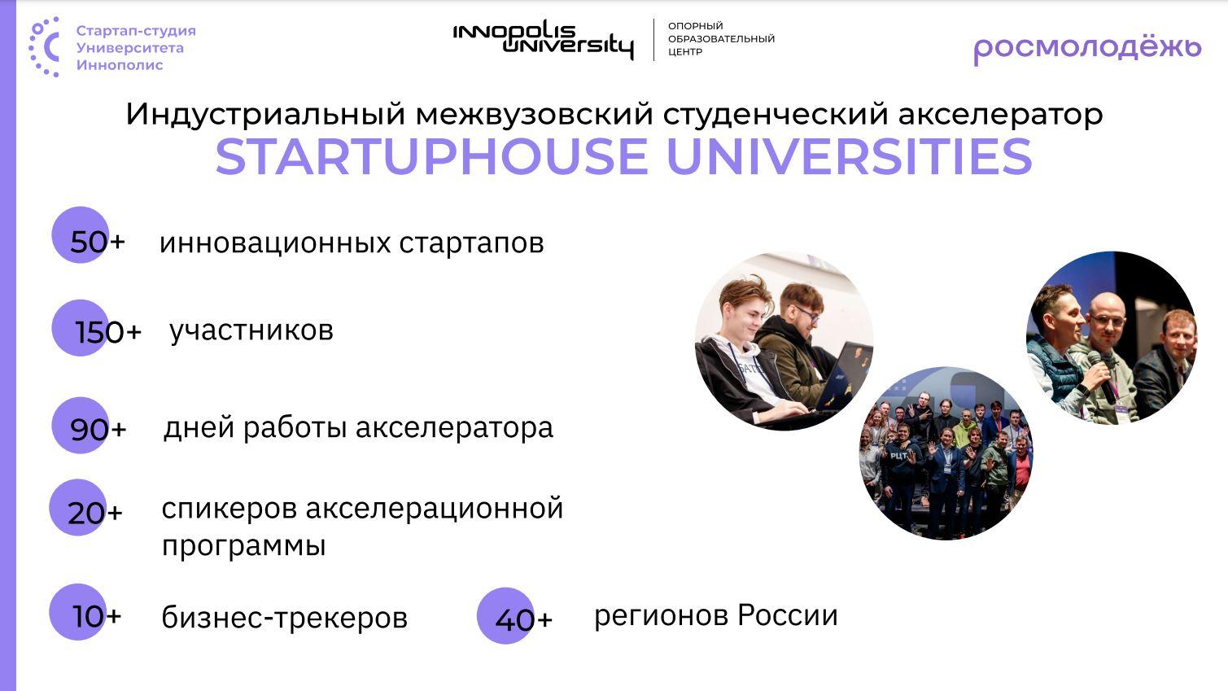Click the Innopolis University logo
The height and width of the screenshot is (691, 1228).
tap(543, 41)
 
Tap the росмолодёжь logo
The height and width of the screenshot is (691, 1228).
tap(1088, 50)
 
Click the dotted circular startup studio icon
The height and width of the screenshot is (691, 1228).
tap(45, 47)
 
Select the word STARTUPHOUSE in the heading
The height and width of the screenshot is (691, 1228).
tap(432, 157)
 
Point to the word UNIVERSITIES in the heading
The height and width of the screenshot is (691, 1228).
tap(850, 157)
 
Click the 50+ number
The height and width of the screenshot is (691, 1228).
tap(98, 241)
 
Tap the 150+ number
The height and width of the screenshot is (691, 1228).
tap(108, 332)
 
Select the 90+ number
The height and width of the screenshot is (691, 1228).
tap(98, 429)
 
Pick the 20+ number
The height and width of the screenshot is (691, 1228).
tap(95, 514)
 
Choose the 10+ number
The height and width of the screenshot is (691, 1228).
tap(97, 616)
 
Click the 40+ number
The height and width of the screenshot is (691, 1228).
tap(523, 619)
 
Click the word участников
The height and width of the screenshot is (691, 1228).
tap(251, 330)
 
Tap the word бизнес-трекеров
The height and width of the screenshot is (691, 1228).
tap(285, 618)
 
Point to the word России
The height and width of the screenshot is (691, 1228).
tap(788, 614)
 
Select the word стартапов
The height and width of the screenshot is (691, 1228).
tap(471, 243)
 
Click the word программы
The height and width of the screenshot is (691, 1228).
tap(244, 545)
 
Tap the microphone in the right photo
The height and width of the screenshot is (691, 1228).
tap(1102, 376)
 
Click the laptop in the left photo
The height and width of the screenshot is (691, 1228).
tap(842, 378)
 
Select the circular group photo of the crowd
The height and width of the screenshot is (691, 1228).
tap(946, 453)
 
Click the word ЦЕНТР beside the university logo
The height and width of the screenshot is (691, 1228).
tap(684, 52)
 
